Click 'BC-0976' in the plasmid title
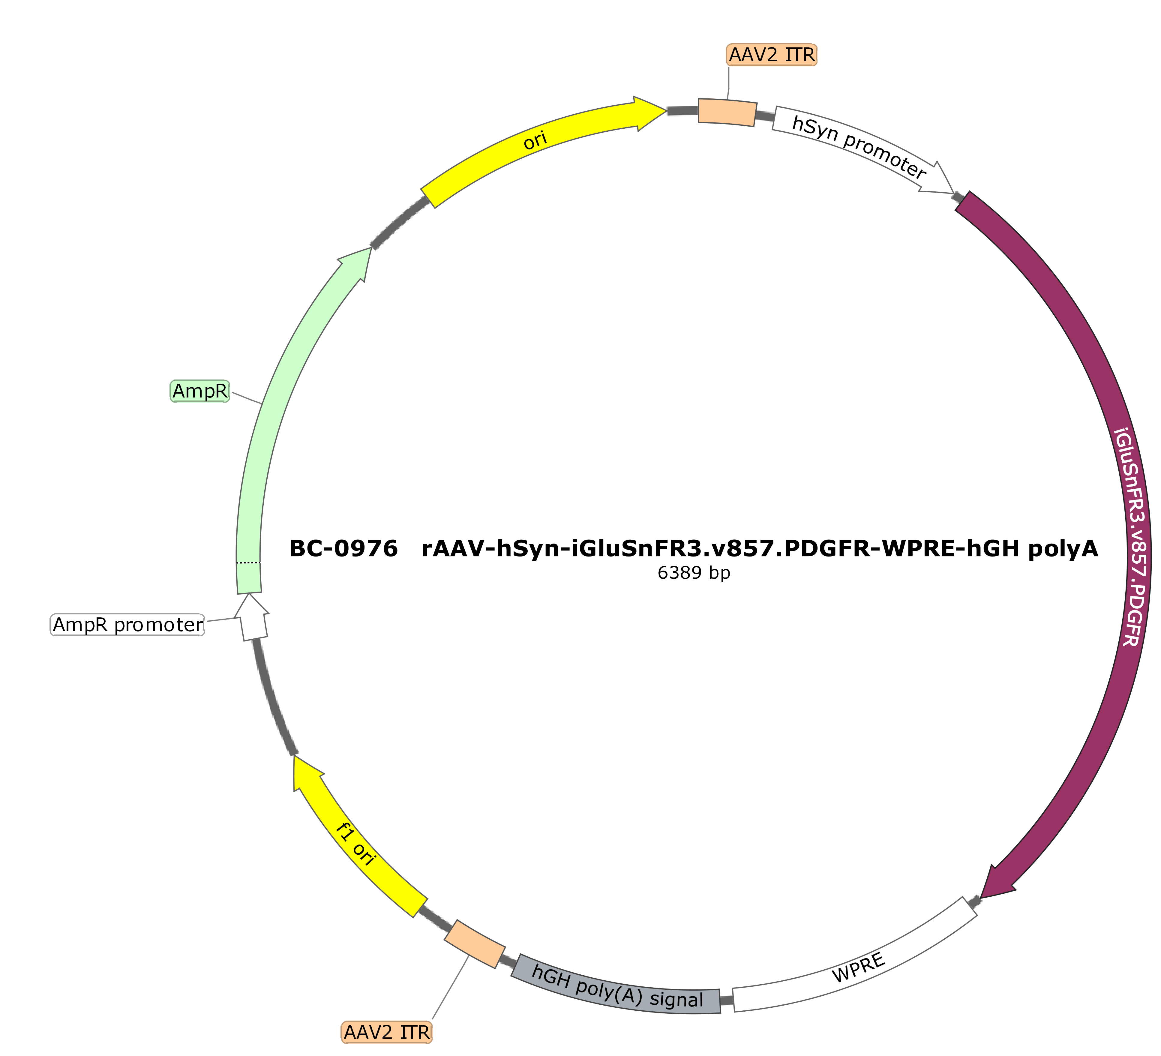click(x=343, y=549)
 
